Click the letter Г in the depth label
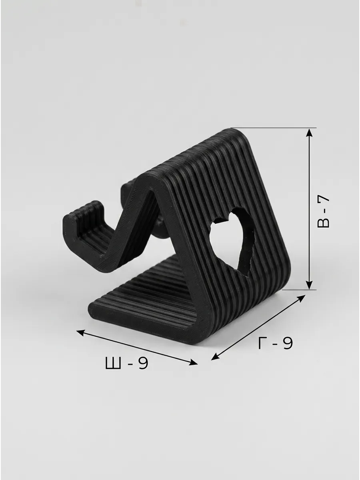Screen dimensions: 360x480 [x=262, y=343]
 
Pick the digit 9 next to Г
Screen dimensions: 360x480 [x=286, y=343]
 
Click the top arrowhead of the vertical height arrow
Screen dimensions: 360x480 [x=309, y=132]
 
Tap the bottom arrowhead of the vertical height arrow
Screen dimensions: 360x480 [x=309, y=285]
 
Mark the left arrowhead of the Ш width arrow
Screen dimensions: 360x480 [x=80, y=332]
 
